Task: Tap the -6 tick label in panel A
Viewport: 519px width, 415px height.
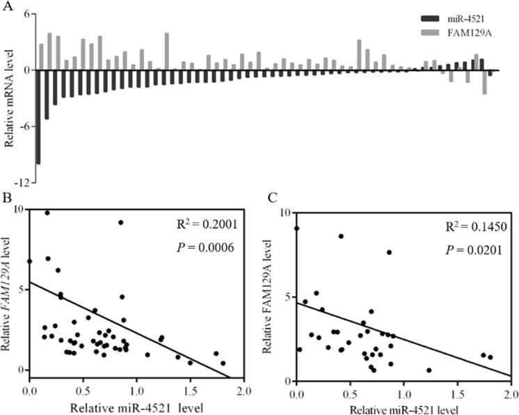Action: [x=21, y=126]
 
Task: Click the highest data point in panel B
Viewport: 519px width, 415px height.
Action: [x=47, y=213]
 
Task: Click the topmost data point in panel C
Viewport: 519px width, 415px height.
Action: [x=297, y=228]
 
